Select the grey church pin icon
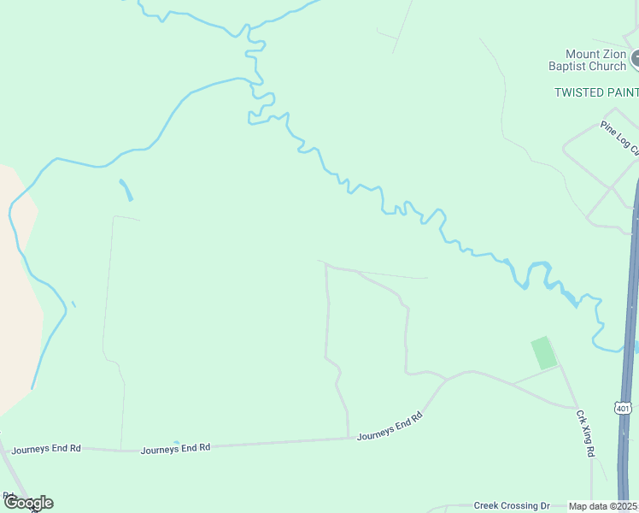point(636,60)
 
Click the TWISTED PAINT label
point(596,92)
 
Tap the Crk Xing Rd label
point(584,433)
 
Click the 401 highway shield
point(624,408)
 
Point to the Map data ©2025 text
point(603,506)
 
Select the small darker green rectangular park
point(543,353)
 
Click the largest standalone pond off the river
point(126,189)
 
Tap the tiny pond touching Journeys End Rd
point(176,443)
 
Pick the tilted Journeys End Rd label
point(390,426)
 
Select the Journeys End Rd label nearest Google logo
point(46,448)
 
